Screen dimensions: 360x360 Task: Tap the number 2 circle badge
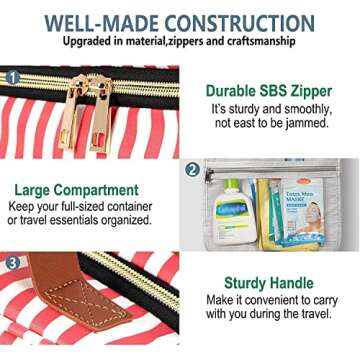pos(192,170)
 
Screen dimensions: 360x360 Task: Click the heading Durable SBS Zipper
pos(269,91)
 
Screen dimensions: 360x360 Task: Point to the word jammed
pos(306,123)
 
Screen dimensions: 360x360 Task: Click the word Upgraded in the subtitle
pos(83,44)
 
